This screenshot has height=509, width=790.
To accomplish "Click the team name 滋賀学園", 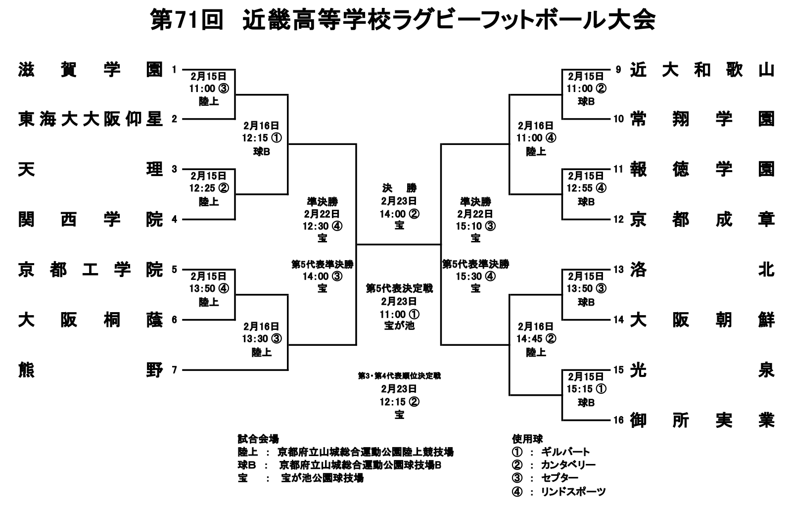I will tap(90, 70).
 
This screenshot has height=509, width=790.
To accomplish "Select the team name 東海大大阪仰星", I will tap(90, 119).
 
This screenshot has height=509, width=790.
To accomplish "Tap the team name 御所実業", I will tap(702, 420).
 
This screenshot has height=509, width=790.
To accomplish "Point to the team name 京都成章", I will tap(702, 219).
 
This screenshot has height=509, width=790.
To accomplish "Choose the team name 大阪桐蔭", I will tap(90, 320).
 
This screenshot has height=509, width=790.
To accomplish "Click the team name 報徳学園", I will tap(702, 169).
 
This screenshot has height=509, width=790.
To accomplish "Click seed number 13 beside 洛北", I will tap(618, 270).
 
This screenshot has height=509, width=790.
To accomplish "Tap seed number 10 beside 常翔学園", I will tap(618, 119).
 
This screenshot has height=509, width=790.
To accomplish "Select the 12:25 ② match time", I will tap(208, 188).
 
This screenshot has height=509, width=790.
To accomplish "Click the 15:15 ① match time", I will tap(586, 389).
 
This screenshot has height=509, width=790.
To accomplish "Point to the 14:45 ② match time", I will tap(536, 339).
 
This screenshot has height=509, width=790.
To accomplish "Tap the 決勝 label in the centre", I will tap(399, 188).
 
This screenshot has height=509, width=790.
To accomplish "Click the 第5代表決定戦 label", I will tap(399, 288).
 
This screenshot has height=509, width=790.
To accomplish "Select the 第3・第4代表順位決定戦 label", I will tap(399, 376).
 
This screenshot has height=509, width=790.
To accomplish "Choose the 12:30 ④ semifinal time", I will tap(322, 226).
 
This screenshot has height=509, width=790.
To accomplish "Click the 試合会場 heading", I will tap(258, 439).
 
